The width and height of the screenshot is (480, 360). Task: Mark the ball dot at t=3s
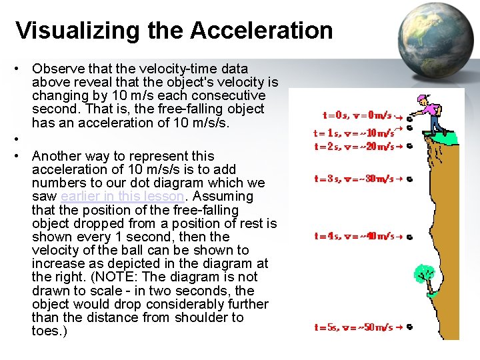408,179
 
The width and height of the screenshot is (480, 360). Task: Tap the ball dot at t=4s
408,236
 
